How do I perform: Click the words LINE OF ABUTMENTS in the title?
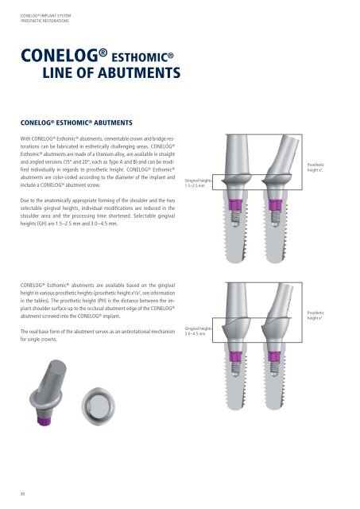pyautogui.click(x=114, y=74)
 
